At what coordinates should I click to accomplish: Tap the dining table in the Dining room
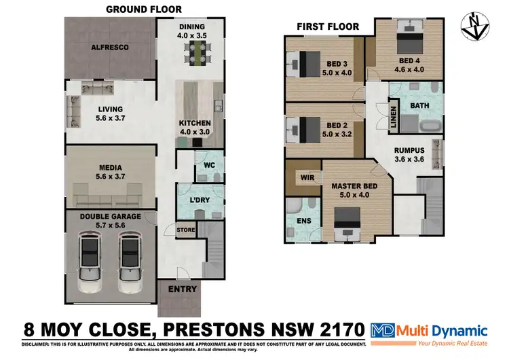click(x=199, y=50)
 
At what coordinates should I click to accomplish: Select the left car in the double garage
click(x=90, y=257)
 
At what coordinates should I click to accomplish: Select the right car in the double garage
click(x=129, y=257)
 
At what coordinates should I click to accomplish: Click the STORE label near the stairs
click(x=186, y=230)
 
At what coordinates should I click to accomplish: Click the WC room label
click(x=209, y=164)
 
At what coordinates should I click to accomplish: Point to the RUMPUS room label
click(x=409, y=150)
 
